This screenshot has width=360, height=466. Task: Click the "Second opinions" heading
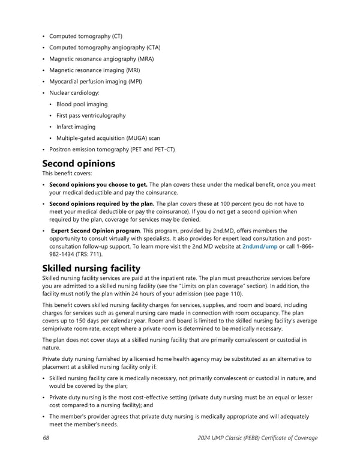click(x=78, y=163)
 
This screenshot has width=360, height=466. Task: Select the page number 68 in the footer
click(x=46, y=438)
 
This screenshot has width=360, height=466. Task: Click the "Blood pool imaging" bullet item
click(x=82, y=104)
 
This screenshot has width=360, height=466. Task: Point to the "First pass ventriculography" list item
click(x=91, y=116)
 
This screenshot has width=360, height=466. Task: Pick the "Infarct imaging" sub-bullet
click(x=76, y=127)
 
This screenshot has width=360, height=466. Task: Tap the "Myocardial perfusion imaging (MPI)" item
click(x=95, y=82)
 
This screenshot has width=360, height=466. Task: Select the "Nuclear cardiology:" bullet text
click(x=74, y=93)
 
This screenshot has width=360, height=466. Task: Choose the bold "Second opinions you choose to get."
click(x=98, y=185)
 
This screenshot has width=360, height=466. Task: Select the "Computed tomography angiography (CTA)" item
click(x=104, y=47)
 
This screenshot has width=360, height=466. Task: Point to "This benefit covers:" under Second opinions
click(x=67, y=174)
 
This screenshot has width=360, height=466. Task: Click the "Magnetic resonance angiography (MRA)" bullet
click(x=101, y=59)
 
